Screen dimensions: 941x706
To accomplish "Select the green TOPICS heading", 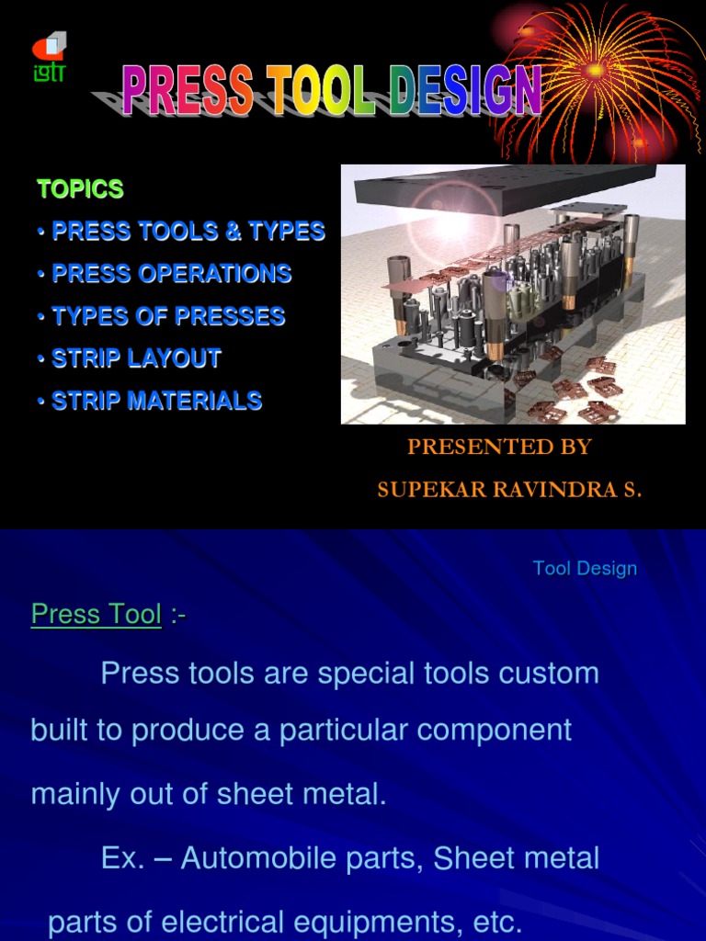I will [x=80, y=189].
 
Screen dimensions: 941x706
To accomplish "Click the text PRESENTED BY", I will [x=499, y=448].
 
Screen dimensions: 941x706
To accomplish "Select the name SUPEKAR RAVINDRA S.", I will [x=509, y=490].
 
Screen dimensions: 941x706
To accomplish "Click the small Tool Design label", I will [x=585, y=568].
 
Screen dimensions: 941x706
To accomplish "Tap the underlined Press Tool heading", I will [x=97, y=614].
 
